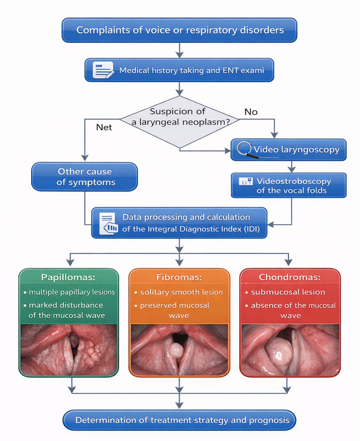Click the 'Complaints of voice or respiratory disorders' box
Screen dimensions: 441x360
[x=179, y=30]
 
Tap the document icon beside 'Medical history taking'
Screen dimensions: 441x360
[x=103, y=70]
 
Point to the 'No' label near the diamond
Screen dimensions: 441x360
[x=251, y=112]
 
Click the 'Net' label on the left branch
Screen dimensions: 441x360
[x=104, y=127]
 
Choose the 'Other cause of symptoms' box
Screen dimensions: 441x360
[x=85, y=177]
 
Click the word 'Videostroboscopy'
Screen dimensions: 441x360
[x=294, y=181]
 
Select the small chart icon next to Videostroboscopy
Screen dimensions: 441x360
[x=246, y=181]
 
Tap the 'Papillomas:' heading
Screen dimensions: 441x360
[x=68, y=277]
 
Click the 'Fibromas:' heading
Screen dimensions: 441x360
[x=179, y=277]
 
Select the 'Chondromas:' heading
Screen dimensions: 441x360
[x=290, y=277]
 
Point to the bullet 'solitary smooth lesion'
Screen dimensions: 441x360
[x=181, y=292]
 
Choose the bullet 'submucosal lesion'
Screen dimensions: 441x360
[x=288, y=292]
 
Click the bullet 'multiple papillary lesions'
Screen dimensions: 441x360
[x=72, y=292]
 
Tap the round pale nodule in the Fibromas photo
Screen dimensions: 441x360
[x=176, y=350]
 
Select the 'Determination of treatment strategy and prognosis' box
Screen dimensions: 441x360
[x=179, y=420]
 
